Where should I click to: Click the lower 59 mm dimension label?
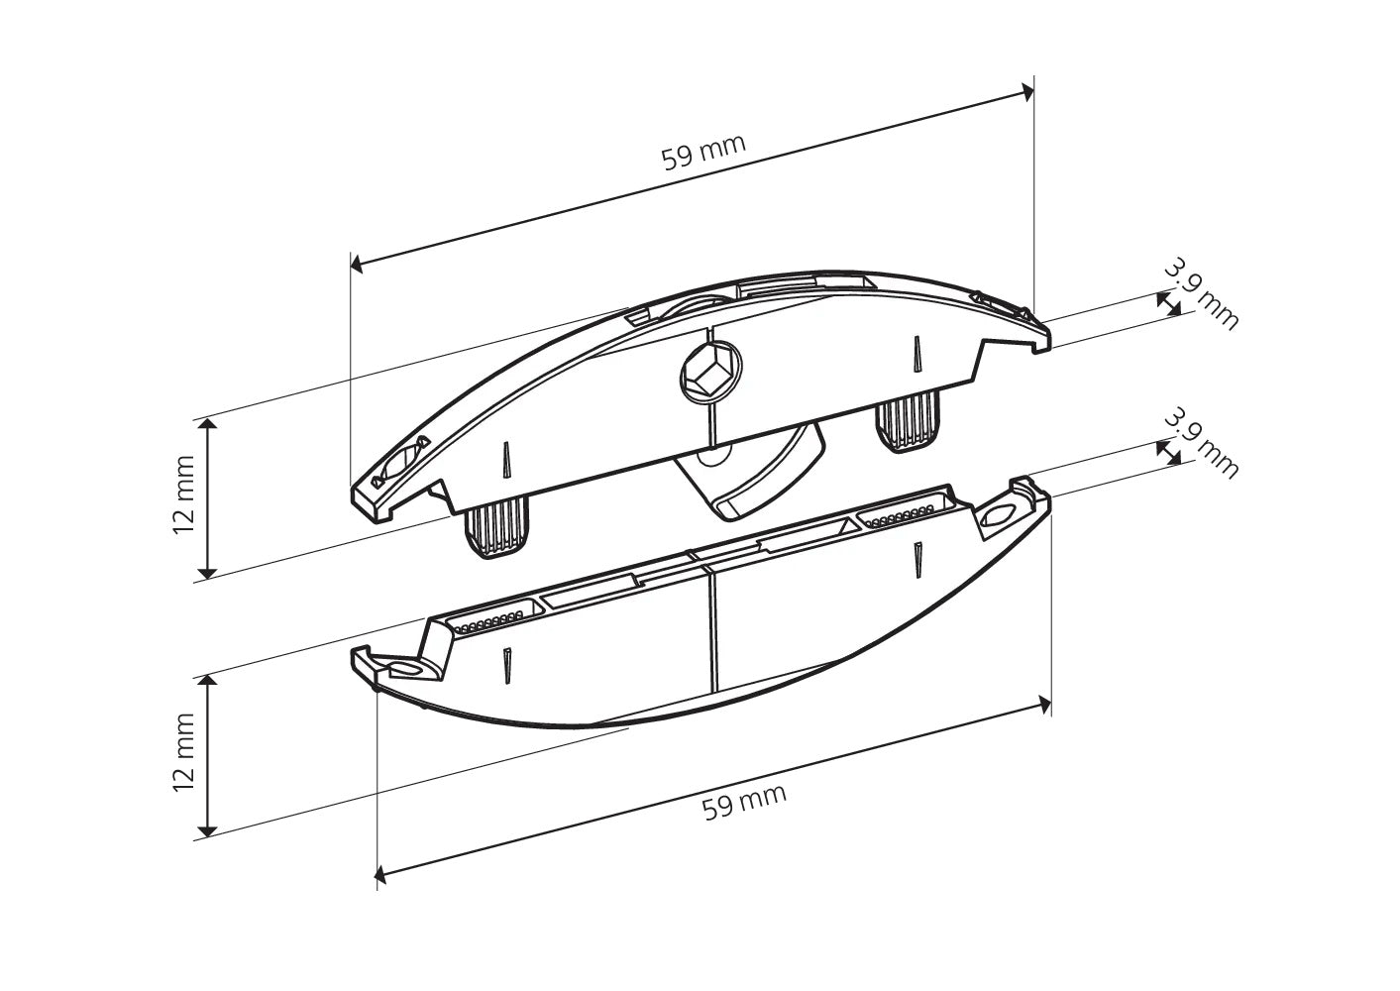(744, 802)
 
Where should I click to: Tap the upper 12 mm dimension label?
(183, 495)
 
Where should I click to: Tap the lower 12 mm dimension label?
(183, 752)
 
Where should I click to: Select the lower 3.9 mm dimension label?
(1201, 444)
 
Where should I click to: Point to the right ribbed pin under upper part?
(908, 422)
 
